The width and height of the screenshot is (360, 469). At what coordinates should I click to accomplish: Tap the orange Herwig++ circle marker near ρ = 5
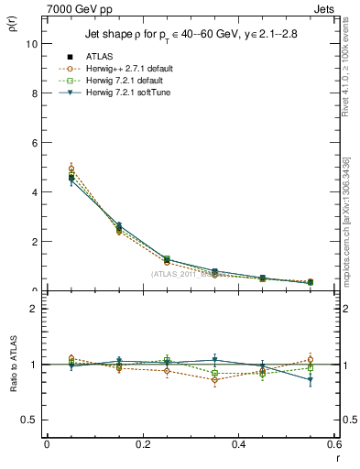coord(71,169)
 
